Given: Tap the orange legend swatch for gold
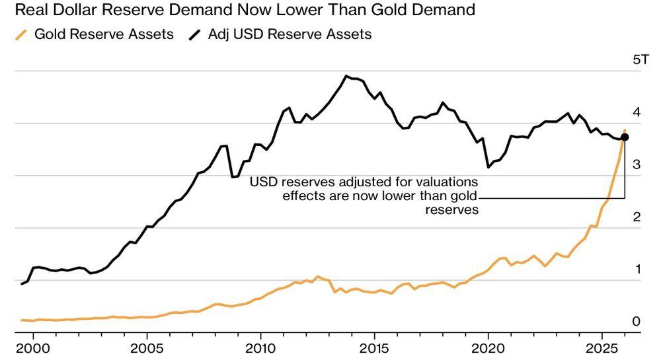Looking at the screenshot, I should pyautogui.click(x=21, y=34).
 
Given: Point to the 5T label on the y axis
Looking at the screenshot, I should pyautogui.click(x=641, y=60).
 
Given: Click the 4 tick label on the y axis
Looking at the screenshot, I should pyautogui.click(x=637, y=112).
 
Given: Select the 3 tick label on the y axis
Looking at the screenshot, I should pyautogui.click(x=637, y=164).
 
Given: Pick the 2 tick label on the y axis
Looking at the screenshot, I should pyautogui.click(x=637, y=217).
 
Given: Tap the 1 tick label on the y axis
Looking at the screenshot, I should pyautogui.click(x=637, y=269).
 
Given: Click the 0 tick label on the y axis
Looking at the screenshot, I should pyautogui.click(x=637, y=322).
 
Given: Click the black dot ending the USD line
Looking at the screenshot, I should pyautogui.click(x=625, y=137).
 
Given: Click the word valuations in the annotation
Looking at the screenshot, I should pyautogui.click(x=444, y=182).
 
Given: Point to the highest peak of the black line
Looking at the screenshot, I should pyautogui.click(x=346, y=76).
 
